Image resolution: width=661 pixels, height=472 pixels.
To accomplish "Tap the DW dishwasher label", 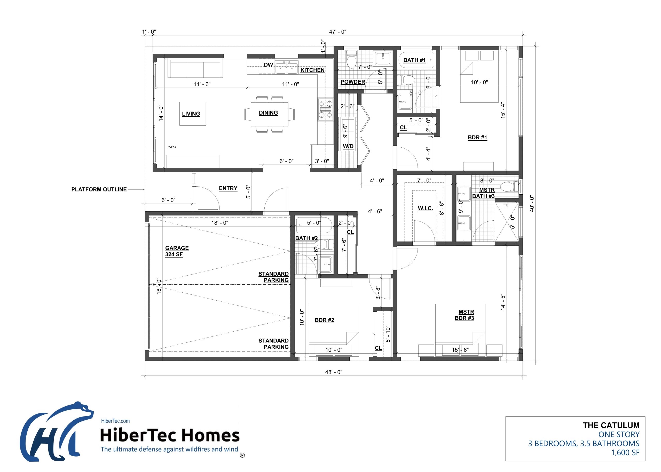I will pos(268,65).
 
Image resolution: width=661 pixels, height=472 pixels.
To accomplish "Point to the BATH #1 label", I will pos(414,60).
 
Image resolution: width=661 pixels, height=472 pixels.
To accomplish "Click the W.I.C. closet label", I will pos(425,208).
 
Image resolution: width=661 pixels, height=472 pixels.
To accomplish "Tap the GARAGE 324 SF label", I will pos(177,251).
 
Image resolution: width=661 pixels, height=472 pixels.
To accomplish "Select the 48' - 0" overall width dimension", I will pos(334,372).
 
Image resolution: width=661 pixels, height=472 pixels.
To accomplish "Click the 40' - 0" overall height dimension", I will pos(532,203).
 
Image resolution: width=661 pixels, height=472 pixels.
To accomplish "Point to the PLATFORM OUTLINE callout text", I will pos(99,189).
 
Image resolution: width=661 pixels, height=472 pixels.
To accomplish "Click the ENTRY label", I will pos(228,188).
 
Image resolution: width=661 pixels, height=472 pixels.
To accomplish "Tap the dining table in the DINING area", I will pos(269,114).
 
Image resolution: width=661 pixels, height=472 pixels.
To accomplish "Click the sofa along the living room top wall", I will pos(195,69).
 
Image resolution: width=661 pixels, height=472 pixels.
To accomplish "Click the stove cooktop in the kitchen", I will pos(325,109).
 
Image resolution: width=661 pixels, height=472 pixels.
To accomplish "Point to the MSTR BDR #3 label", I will pos(465,315).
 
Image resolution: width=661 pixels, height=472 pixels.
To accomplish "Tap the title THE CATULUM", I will pos(611,425).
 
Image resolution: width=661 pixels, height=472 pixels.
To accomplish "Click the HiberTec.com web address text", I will pos(115,421).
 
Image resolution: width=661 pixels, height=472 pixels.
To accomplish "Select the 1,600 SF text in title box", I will pos(625,453).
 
